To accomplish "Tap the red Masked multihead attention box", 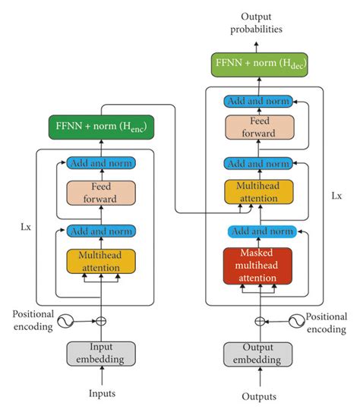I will click(259, 265).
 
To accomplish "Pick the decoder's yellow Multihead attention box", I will click(259, 191).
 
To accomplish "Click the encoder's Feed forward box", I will click(101, 192).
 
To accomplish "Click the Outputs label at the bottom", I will click(259, 396).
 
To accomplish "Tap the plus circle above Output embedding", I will click(259, 320).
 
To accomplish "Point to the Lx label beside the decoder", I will click(336, 195).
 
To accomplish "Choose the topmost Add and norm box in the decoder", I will click(259, 101).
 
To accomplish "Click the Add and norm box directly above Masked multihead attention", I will click(259, 231).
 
